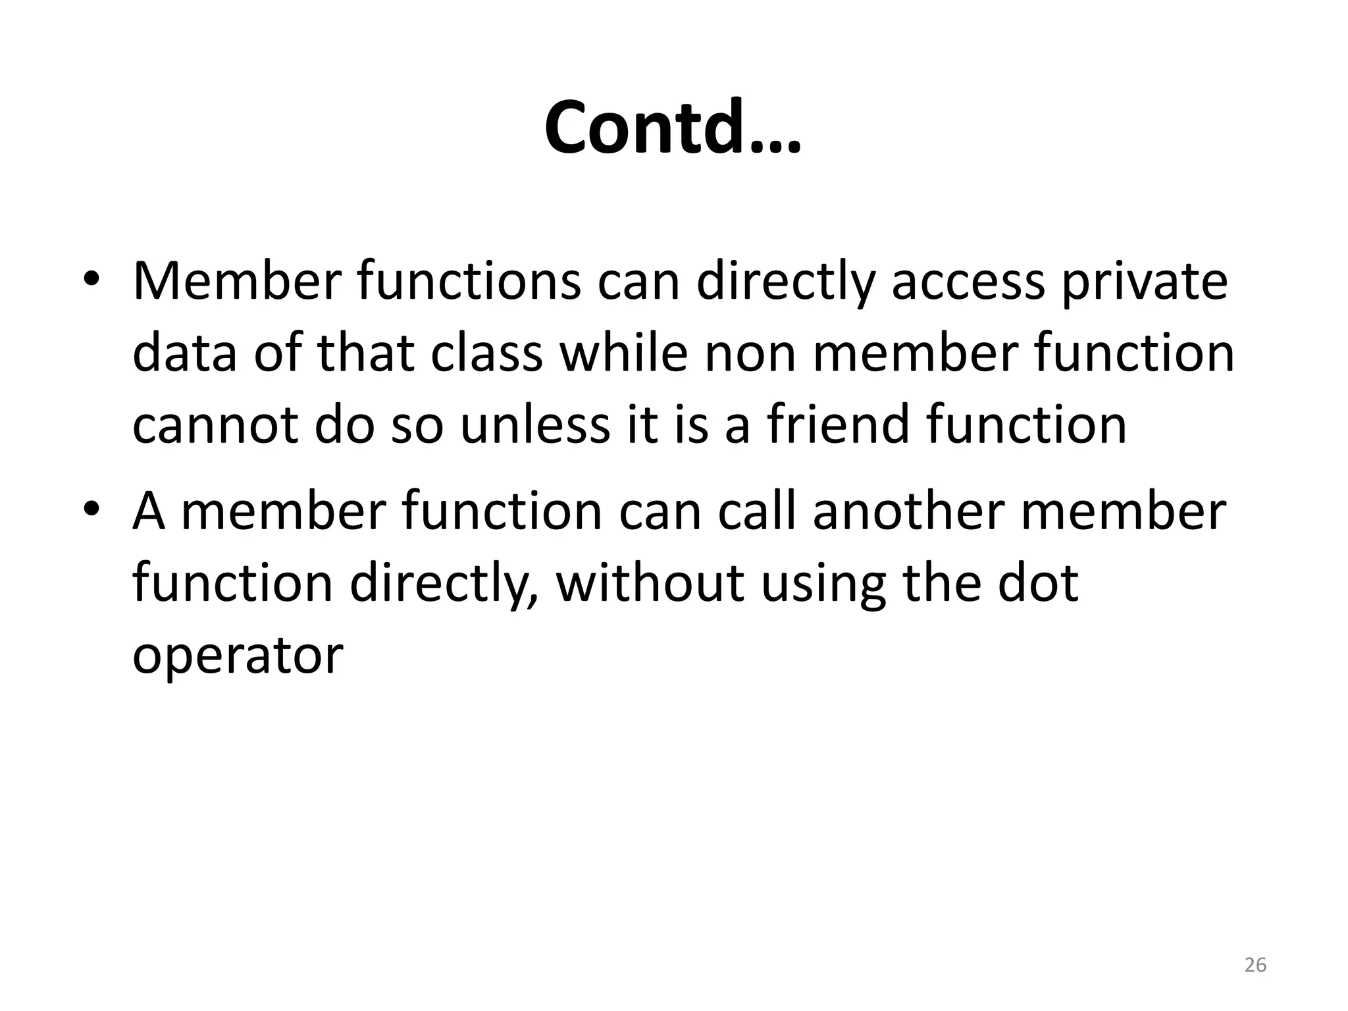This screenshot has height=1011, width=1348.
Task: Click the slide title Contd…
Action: tap(673, 128)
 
